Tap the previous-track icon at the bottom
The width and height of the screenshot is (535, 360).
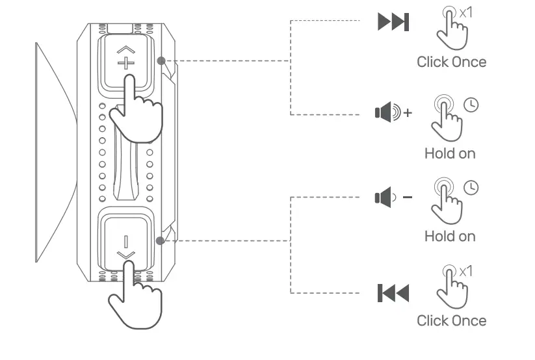(x=393, y=294)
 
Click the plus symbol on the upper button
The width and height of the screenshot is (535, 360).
(x=124, y=63)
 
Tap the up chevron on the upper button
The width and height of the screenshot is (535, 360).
(x=124, y=49)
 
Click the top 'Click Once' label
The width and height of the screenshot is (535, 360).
(x=451, y=62)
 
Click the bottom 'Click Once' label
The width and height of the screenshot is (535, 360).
(x=451, y=320)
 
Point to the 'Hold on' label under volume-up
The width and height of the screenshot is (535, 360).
(x=450, y=153)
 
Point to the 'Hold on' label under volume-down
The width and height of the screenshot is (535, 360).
(x=450, y=236)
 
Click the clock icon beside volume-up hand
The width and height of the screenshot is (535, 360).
(x=471, y=104)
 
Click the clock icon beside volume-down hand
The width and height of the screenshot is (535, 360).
(x=471, y=187)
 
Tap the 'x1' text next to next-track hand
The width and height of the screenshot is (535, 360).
(x=466, y=12)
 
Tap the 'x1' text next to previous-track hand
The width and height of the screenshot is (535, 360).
(x=466, y=271)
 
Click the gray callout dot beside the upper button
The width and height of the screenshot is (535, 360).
(x=161, y=61)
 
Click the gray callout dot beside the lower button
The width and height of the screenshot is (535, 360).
(x=160, y=240)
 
